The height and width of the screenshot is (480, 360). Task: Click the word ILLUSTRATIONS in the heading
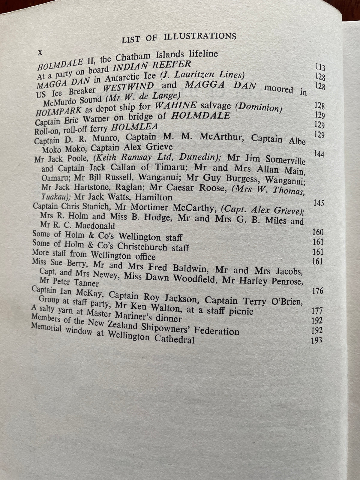tap(200, 37)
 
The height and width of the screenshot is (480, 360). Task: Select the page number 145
tap(318, 203)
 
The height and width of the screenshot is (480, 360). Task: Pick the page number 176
tap(317, 291)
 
